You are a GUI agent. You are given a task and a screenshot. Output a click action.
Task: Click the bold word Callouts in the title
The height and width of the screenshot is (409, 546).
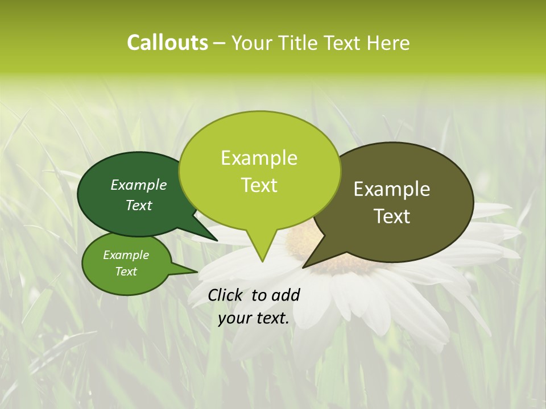click(167, 43)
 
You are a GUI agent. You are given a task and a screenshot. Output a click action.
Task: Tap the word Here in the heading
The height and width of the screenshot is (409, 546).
click(388, 43)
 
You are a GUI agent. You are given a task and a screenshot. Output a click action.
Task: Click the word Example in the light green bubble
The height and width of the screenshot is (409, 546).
click(259, 158)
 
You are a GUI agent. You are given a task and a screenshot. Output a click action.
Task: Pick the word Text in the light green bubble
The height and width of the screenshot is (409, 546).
click(259, 185)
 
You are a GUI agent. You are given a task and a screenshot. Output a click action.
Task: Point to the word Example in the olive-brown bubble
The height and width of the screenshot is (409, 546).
click(392, 189)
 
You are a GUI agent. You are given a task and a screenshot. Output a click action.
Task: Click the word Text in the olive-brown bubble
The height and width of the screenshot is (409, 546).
click(392, 216)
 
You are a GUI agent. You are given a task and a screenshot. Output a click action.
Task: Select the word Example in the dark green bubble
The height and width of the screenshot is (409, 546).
click(139, 185)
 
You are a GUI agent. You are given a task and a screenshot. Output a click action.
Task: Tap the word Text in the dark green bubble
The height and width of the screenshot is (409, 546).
click(139, 205)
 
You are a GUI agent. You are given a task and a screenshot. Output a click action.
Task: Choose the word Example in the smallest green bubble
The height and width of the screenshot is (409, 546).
click(126, 255)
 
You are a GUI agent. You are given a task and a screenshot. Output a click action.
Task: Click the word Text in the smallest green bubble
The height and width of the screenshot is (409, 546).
click(126, 272)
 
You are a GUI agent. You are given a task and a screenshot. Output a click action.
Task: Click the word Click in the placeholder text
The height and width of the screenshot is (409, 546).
click(226, 295)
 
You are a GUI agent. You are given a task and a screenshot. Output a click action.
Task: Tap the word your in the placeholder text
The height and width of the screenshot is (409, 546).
click(233, 318)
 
